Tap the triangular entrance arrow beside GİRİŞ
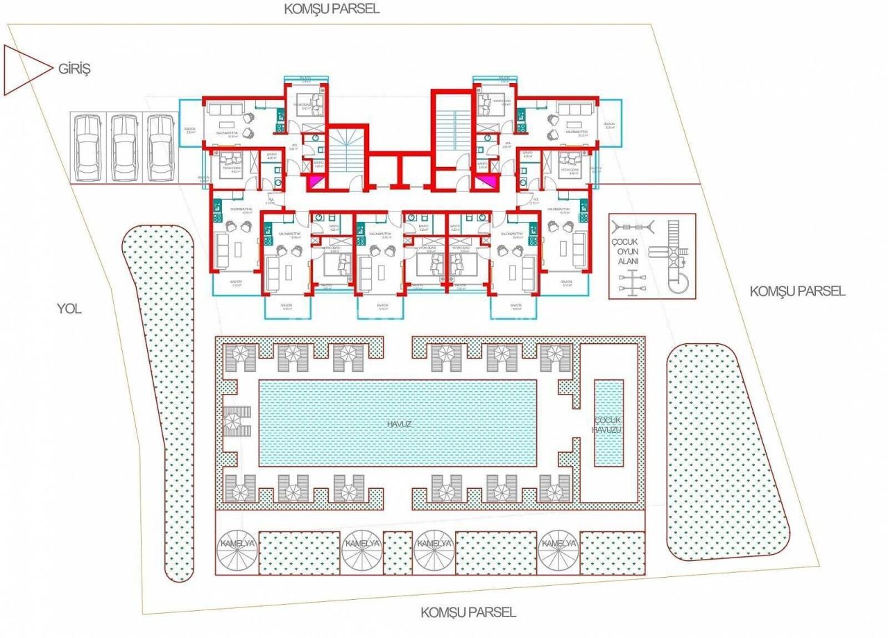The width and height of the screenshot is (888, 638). point(27,69)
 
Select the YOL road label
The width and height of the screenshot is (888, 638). point(69,309)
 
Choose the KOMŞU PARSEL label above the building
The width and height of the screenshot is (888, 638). point(332,9)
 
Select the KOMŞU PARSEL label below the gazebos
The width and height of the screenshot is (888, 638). point(468,612)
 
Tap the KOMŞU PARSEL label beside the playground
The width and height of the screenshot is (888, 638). point(797,291)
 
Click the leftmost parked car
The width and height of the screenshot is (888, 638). point(89,147)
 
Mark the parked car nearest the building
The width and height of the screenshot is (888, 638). point(161,147)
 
